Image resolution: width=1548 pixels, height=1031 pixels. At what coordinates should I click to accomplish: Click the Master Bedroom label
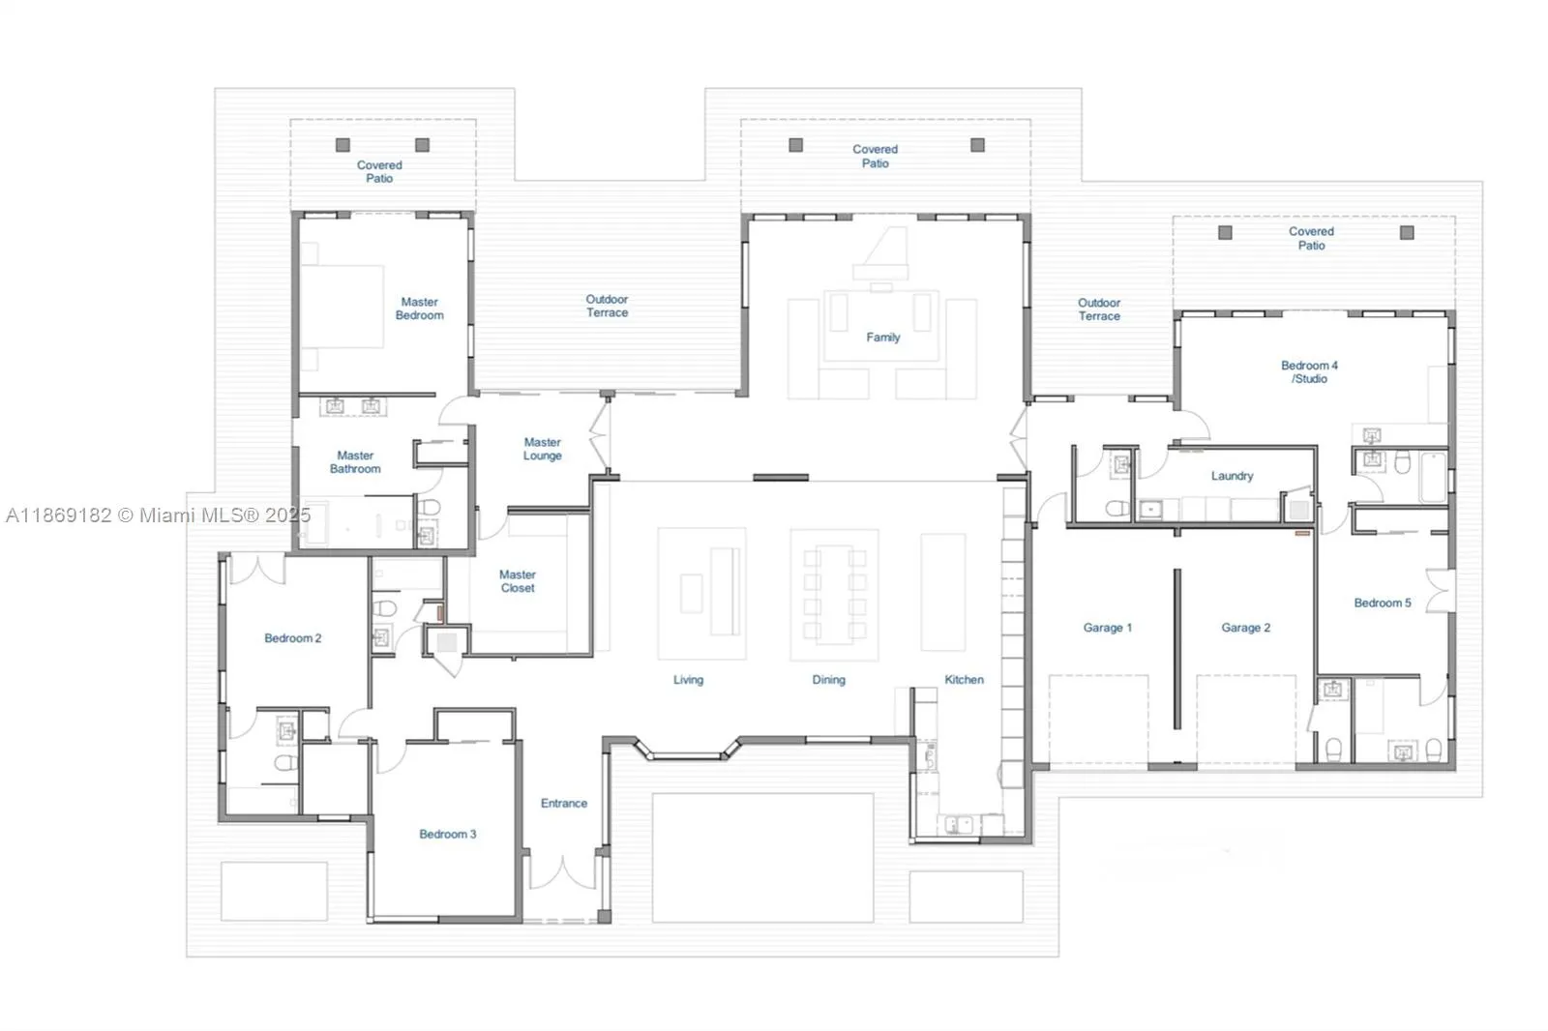click(x=419, y=309)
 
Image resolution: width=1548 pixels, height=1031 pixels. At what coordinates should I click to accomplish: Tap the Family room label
click(x=882, y=338)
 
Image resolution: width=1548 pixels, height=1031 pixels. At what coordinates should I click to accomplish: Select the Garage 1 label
click(x=1107, y=628)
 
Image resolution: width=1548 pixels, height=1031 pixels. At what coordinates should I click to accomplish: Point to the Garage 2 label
click(x=1245, y=628)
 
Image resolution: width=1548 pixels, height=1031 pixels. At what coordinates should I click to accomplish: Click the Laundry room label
click(x=1232, y=476)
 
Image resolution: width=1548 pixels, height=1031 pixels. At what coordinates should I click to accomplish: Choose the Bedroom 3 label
click(x=447, y=834)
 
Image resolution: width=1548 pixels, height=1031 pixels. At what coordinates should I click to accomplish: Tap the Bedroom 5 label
click(x=1382, y=603)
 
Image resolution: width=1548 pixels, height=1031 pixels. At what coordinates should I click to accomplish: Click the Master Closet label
click(x=518, y=581)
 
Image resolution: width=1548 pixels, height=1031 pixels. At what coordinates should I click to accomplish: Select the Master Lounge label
click(x=542, y=449)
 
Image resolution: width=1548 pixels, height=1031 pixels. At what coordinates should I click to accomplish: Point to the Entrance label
click(x=563, y=803)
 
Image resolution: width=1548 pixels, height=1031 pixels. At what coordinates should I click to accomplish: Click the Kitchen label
click(x=964, y=680)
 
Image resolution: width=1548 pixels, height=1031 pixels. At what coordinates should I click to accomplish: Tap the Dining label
click(x=828, y=680)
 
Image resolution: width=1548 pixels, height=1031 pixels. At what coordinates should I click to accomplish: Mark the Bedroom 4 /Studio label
click(x=1309, y=372)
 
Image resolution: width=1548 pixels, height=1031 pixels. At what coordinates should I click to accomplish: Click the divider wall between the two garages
click(x=1176, y=648)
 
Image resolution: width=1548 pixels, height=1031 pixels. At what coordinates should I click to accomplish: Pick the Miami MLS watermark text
click(x=157, y=515)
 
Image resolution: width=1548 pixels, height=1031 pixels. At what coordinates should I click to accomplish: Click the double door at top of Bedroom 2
click(x=256, y=570)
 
